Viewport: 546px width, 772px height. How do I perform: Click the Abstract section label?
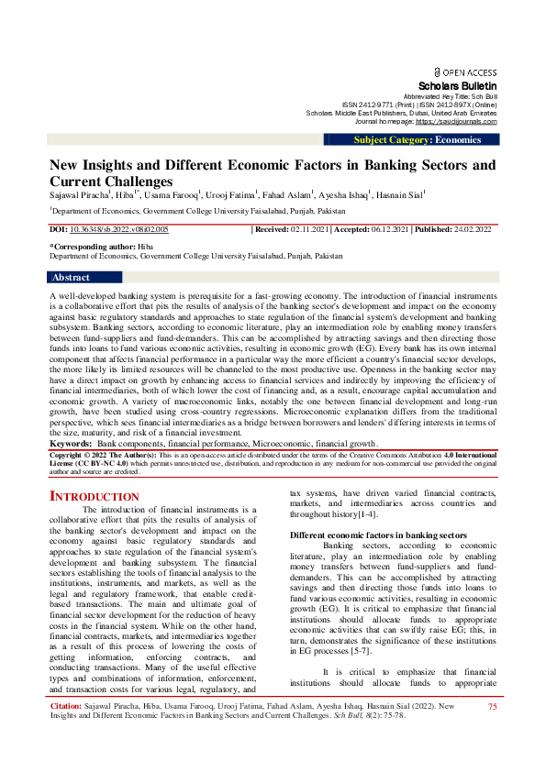[x=71, y=277]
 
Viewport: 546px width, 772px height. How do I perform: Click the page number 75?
[x=493, y=732]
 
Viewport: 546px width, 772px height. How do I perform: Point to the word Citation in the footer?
[x=67, y=732]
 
